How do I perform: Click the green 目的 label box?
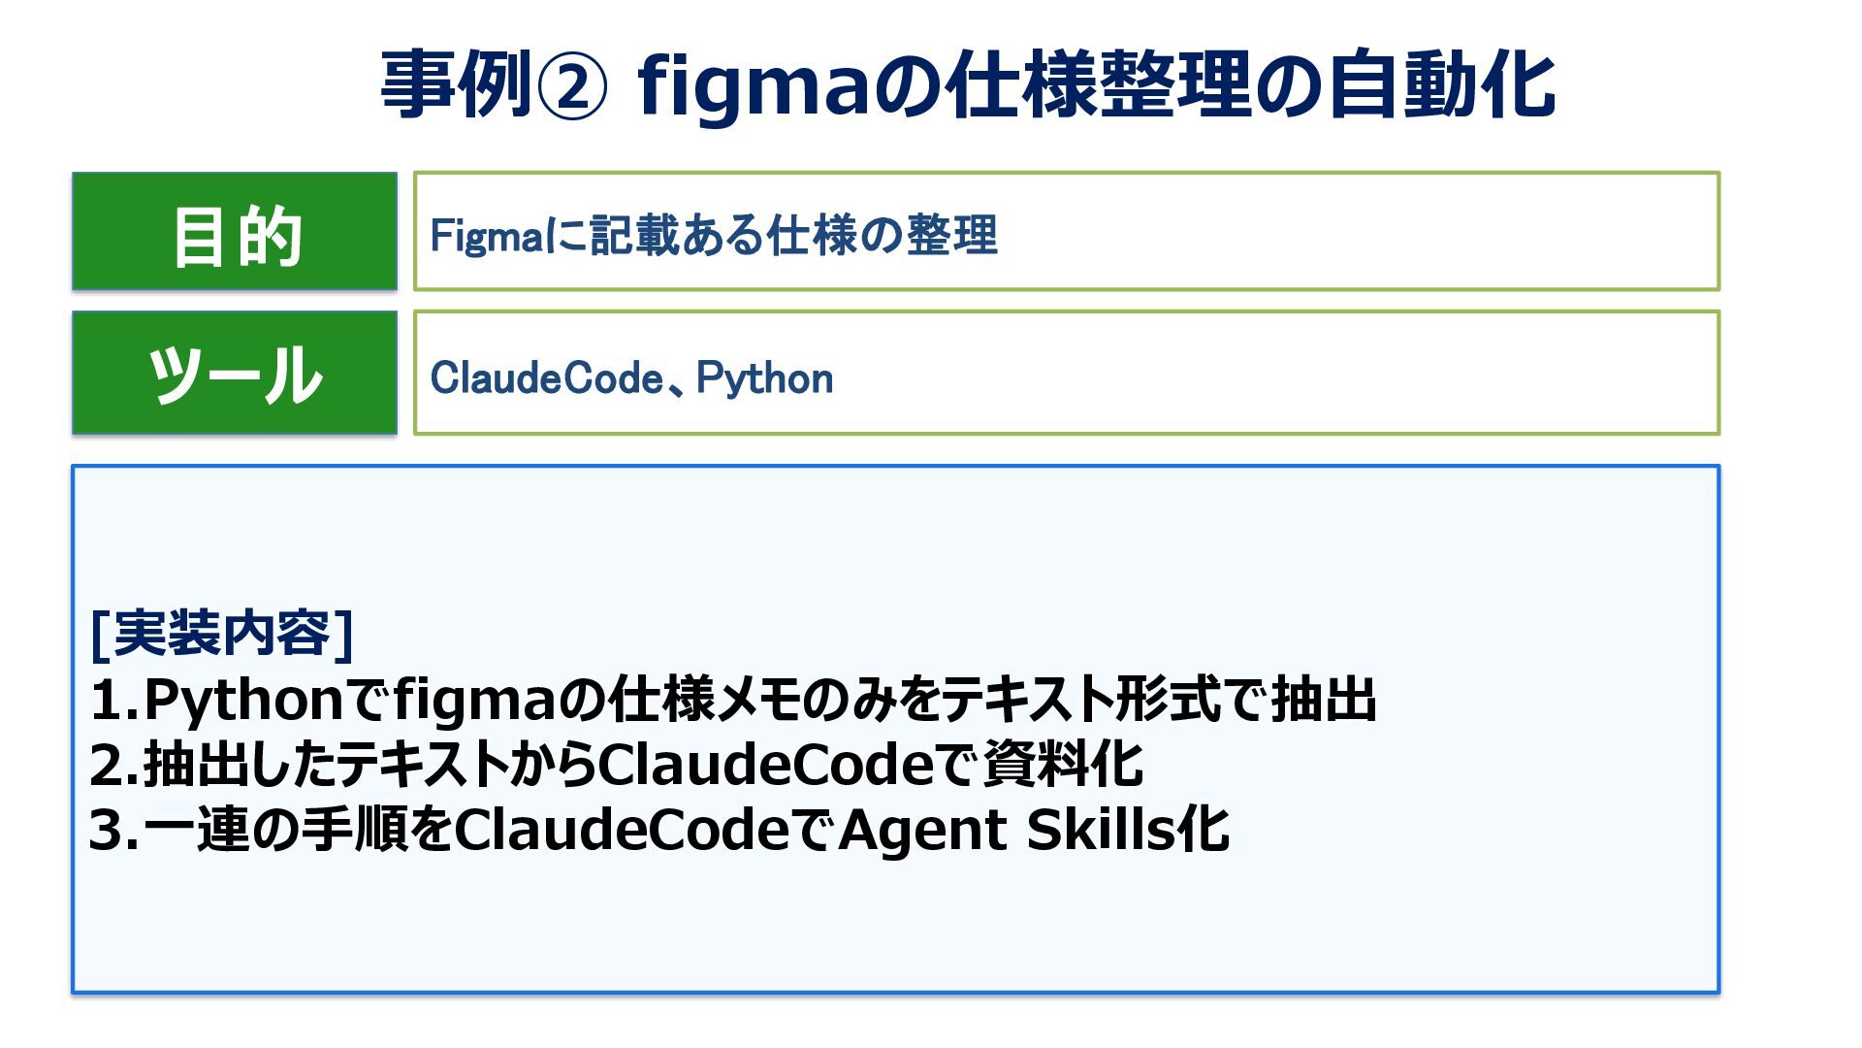(x=235, y=232)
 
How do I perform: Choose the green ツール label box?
(x=235, y=373)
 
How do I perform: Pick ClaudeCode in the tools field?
(x=547, y=378)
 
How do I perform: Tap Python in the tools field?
(x=764, y=378)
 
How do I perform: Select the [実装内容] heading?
(x=221, y=634)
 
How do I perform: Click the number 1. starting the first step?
(x=112, y=701)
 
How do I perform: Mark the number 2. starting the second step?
(x=112, y=766)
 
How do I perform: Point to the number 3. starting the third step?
(x=112, y=831)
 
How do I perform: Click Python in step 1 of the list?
(x=243, y=701)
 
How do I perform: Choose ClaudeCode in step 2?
(x=765, y=766)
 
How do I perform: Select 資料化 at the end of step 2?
(x=1063, y=766)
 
